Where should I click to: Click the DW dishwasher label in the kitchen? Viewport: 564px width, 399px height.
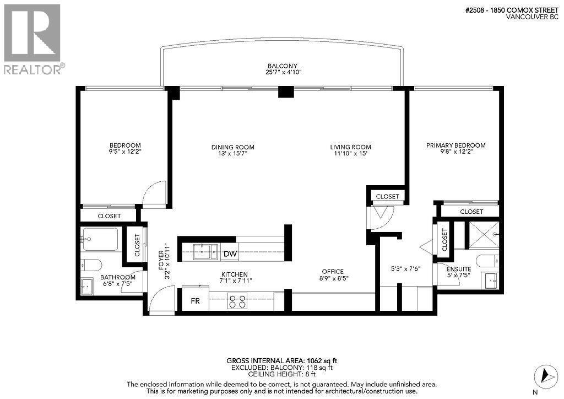[230, 254]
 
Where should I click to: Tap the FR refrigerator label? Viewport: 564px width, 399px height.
[195, 301]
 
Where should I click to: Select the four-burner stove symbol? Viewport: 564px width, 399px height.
[238, 301]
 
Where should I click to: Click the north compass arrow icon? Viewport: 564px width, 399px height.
[545, 375]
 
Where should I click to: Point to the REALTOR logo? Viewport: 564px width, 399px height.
[33, 39]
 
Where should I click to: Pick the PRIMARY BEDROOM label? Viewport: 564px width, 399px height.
[455, 145]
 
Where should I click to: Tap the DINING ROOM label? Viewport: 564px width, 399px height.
[232, 147]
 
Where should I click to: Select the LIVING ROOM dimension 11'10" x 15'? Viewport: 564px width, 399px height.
[350, 154]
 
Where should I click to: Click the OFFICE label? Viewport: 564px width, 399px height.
[333, 271]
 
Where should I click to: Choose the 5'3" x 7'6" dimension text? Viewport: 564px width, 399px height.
[405, 269]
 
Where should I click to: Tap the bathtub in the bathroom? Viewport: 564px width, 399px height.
[100, 239]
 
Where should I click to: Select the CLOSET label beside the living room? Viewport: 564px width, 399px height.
[387, 196]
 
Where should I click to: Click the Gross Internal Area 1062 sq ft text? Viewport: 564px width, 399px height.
[281, 361]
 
